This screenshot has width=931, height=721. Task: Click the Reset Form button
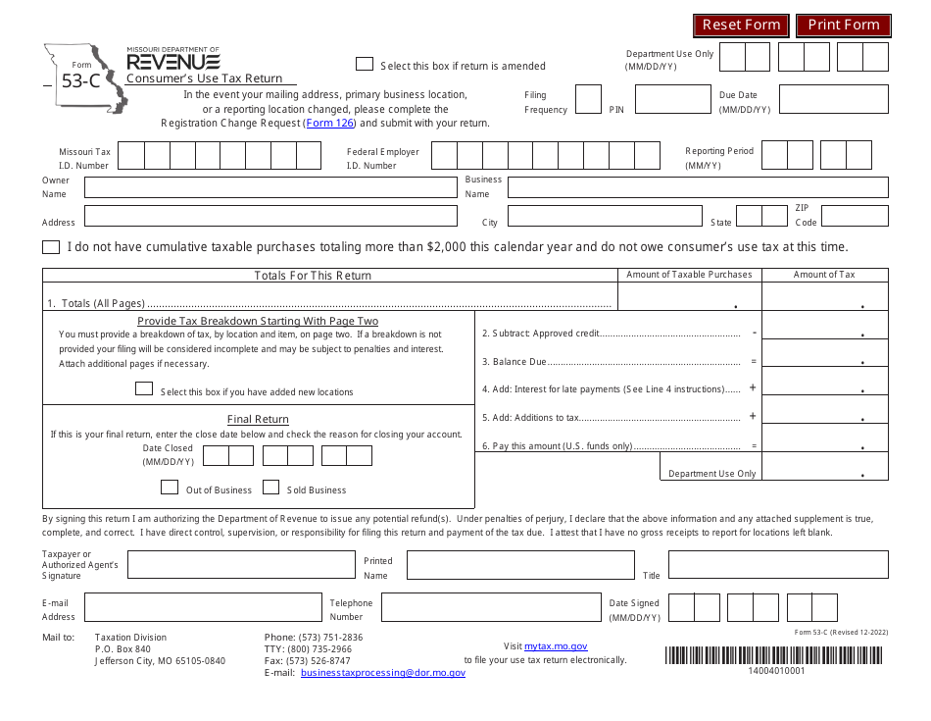741,26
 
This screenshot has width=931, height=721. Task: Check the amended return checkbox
365,64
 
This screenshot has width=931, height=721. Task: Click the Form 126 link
329,124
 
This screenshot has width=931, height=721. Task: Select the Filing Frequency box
588,99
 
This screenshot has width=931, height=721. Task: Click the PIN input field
672,99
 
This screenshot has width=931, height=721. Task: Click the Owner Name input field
270,187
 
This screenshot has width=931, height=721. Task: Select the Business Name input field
697,187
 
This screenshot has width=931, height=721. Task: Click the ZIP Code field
854,216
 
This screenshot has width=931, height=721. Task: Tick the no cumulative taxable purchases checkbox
51,247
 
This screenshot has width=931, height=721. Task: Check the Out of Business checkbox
170,488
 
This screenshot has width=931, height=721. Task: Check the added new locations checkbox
144,389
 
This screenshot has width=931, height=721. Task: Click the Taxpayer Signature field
241,564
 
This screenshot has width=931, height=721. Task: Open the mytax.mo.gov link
556,646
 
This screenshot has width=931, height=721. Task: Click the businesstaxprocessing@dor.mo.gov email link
383,673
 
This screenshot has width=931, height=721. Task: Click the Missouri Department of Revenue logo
173,61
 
